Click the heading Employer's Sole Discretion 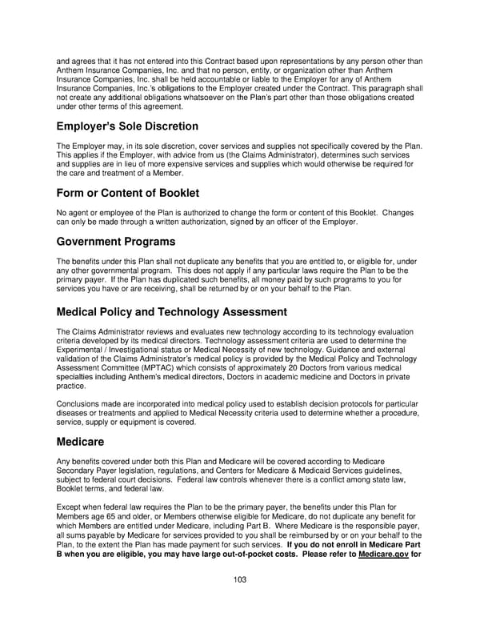coord(126,126)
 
